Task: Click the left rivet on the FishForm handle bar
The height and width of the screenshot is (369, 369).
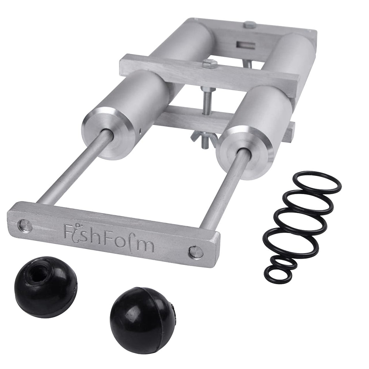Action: tap(25, 225)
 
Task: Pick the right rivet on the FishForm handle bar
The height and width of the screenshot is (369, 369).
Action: tap(196, 252)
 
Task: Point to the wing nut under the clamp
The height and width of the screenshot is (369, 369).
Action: tap(204, 139)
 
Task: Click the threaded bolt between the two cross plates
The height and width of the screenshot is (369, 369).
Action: tap(207, 101)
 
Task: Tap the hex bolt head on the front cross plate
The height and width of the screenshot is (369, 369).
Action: tap(210, 63)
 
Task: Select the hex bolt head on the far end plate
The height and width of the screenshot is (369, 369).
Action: tap(250, 24)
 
